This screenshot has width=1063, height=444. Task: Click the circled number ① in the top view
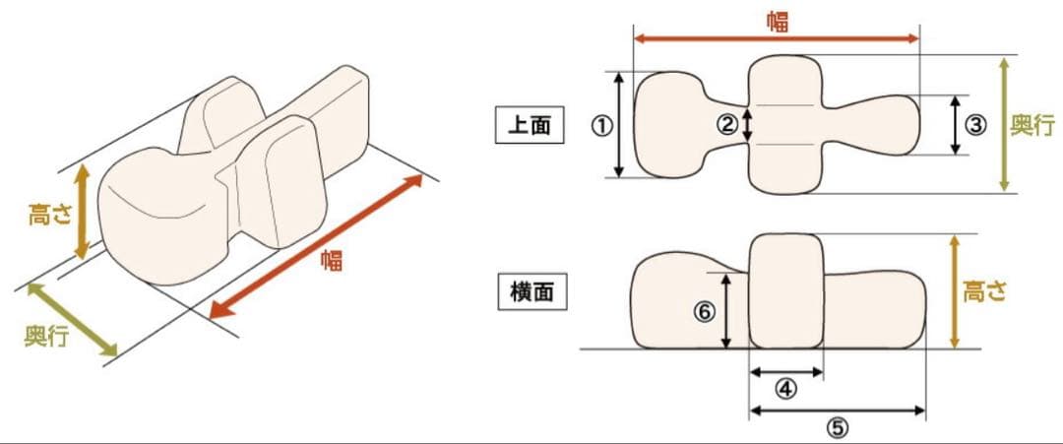pyautogui.click(x=601, y=125)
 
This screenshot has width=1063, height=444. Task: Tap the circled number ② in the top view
pyautogui.click(x=727, y=124)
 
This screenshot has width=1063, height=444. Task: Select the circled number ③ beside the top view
pyautogui.click(x=975, y=125)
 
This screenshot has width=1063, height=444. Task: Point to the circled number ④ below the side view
pyautogui.click(x=785, y=389)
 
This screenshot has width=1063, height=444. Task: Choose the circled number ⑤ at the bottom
pyautogui.click(x=837, y=427)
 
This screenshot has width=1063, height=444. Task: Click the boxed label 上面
pyautogui.click(x=530, y=126)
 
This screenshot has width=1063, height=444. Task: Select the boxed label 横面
pyautogui.click(x=531, y=292)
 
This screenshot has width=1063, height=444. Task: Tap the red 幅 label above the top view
pyautogui.click(x=778, y=21)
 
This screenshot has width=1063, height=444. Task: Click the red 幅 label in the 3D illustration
pyautogui.click(x=332, y=260)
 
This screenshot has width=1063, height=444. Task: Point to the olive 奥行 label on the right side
pyautogui.click(x=1033, y=125)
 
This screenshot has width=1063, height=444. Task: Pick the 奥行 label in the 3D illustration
pyautogui.click(x=46, y=336)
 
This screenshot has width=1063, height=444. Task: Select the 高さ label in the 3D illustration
pyautogui.click(x=51, y=214)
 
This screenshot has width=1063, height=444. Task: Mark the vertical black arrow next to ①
pyautogui.click(x=619, y=124)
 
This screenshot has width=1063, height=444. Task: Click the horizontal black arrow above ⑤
pyautogui.click(x=837, y=410)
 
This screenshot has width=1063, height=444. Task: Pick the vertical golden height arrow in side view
pyautogui.click(x=954, y=291)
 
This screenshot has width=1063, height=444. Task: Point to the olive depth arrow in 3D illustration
pyautogui.click(x=73, y=320)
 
